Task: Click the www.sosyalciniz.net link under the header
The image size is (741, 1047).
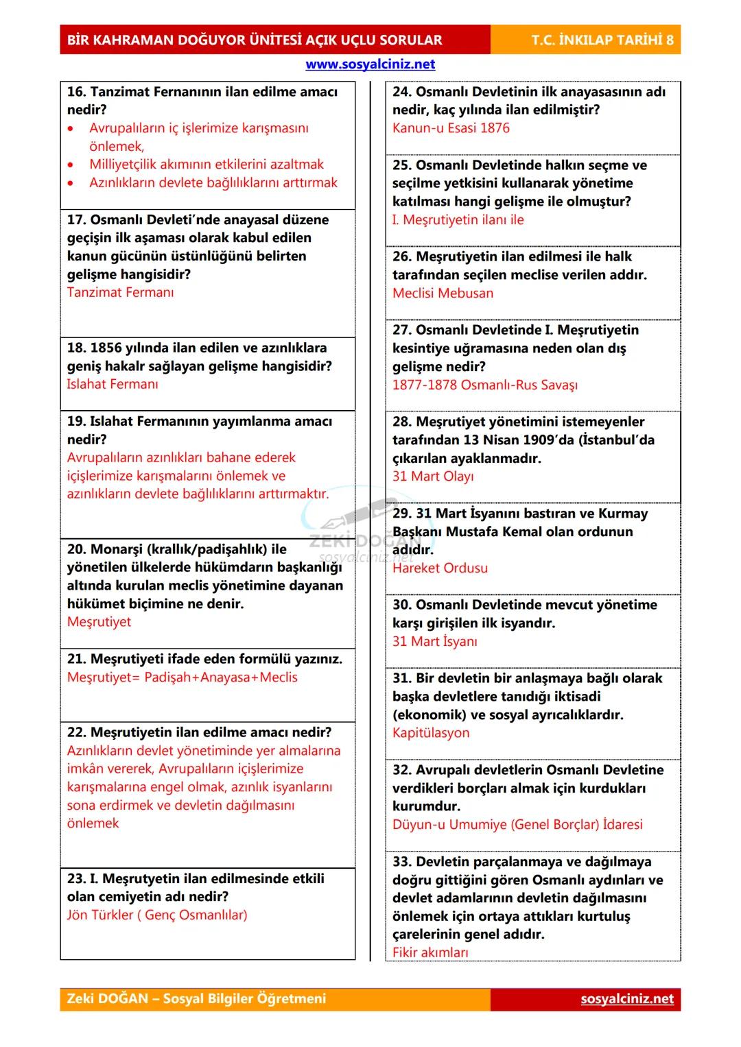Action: point(370,64)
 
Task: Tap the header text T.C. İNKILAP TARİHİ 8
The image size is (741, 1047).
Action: point(602,40)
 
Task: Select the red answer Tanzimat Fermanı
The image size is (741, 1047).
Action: point(120,293)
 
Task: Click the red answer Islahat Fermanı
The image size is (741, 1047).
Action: point(112,384)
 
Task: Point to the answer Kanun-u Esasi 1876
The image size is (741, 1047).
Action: point(451,128)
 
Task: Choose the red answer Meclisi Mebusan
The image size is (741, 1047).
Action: point(443,293)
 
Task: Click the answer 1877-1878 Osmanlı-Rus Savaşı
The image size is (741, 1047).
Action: point(484,385)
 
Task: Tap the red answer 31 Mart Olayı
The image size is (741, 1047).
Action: point(432,477)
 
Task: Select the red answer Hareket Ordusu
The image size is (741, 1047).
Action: point(440,568)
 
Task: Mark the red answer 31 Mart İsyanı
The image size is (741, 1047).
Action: point(434,642)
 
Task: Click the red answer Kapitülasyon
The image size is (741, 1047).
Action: point(431,733)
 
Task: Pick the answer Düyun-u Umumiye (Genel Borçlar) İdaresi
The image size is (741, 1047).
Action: point(517,825)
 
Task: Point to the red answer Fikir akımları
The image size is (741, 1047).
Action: point(430,952)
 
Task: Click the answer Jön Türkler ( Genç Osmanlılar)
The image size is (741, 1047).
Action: point(157,915)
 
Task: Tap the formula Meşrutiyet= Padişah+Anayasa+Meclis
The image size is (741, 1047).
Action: point(183,677)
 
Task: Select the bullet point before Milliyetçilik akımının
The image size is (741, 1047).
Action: point(71,165)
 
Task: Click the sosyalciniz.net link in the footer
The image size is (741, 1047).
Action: point(627,999)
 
